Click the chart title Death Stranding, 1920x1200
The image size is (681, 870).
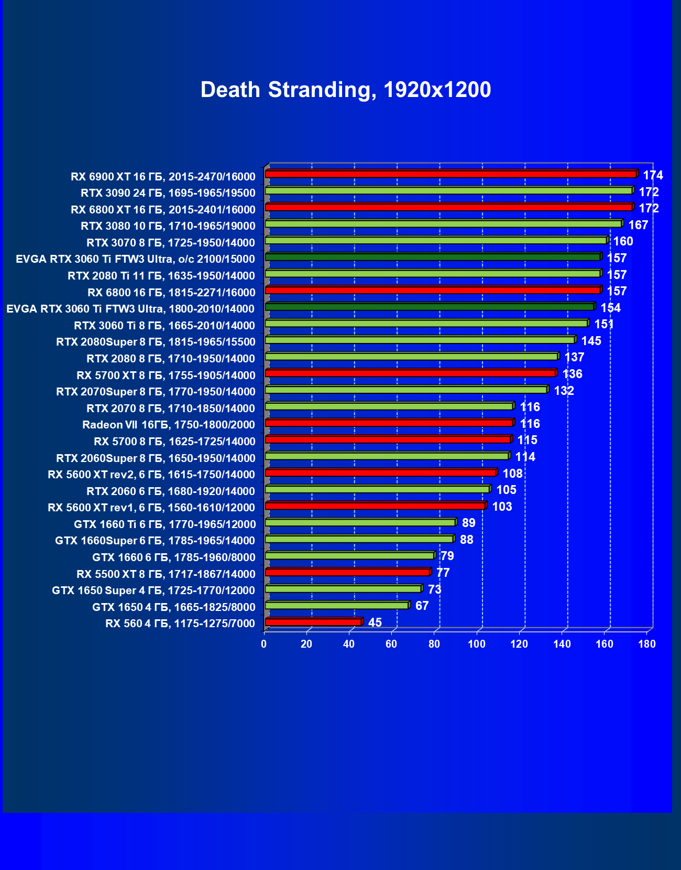click(x=346, y=90)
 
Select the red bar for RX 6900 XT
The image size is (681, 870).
click(x=451, y=174)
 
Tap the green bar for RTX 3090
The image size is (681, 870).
click(x=448, y=191)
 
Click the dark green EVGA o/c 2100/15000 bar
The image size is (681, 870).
click(x=433, y=257)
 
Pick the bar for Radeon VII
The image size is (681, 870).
click(x=389, y=423)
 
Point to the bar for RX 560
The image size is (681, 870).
click(x=313, y=622)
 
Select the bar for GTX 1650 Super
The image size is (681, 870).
click(x=343, y=589)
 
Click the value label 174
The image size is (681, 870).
click(x=653, y=175)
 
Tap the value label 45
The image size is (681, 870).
click(x=375, y=622)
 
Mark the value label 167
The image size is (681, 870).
click(x=638, y=225)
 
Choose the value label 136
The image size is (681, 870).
click(x=572, y=374)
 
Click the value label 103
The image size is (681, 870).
click(x=502, y=507)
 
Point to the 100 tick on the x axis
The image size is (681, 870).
click(x=477, y=644)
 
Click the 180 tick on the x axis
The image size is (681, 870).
click(x=647, y=644)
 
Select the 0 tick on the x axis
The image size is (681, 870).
click(x=264, y=644)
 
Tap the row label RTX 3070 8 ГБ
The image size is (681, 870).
click(x=171, y=243)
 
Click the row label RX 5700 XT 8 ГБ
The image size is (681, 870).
click(x=166, y=375)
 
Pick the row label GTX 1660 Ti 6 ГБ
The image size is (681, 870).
click(x=165, y=524)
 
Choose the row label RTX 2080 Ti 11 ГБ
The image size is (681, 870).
click(x=161, y=276)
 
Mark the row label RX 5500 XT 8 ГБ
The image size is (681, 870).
click(x=166, y=574)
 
